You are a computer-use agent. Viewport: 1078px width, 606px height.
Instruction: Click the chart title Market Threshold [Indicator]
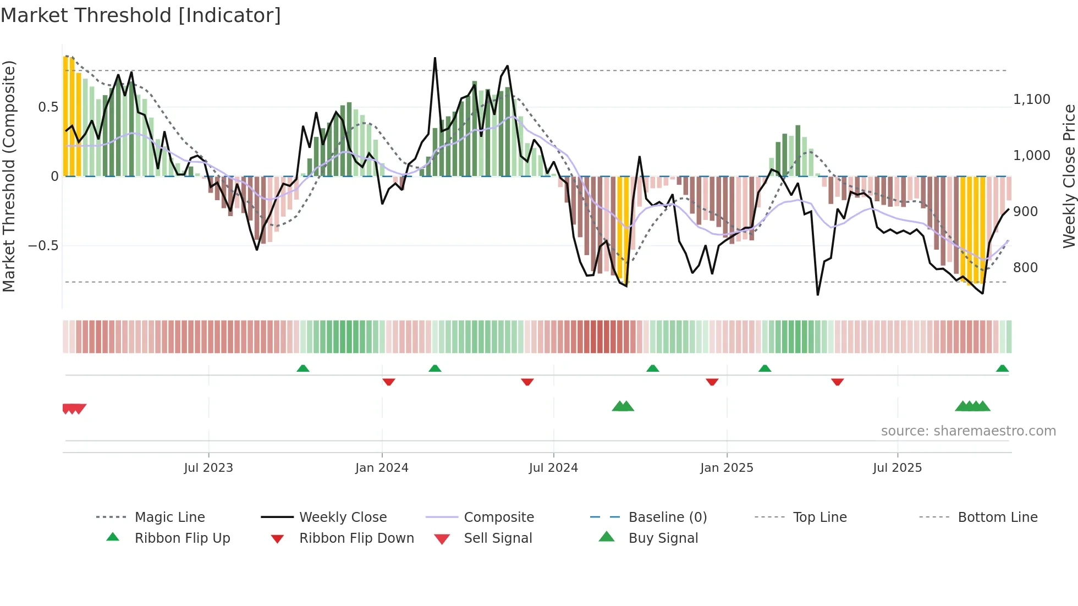click(x=141, y=15)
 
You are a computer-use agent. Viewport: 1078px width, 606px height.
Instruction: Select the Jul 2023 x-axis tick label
click(x=208, y=468)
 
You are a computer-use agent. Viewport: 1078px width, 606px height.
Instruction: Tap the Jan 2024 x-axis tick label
click(x=382, y=468)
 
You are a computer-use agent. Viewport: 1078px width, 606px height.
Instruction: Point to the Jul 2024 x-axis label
click(x=553, y=468)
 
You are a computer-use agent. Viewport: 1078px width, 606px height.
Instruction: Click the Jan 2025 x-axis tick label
click(x=727, y=468)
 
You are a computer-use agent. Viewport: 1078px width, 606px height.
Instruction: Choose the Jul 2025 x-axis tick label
click(x=897, y=468)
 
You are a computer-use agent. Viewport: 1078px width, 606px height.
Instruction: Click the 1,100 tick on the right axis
click(x=1031, y=100)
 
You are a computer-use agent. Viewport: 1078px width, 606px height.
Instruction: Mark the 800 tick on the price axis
click(x=1025, y=268)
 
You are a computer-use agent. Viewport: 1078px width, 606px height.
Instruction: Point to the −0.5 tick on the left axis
click(x=43, y=246)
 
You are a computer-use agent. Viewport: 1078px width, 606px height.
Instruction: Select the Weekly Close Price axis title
click(x=1069, y=176)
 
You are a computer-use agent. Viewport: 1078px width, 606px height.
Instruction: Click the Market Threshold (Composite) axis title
click(x=9, y=176)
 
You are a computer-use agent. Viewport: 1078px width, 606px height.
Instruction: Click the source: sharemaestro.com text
click(x=968, y=431)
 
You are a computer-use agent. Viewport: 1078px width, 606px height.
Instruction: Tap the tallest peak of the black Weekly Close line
click(x=435, y=58)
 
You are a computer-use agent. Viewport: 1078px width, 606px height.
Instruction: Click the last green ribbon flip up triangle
click(x=1002, y=368)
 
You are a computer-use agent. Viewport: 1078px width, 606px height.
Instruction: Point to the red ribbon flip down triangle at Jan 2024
click(x=389, y=382)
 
